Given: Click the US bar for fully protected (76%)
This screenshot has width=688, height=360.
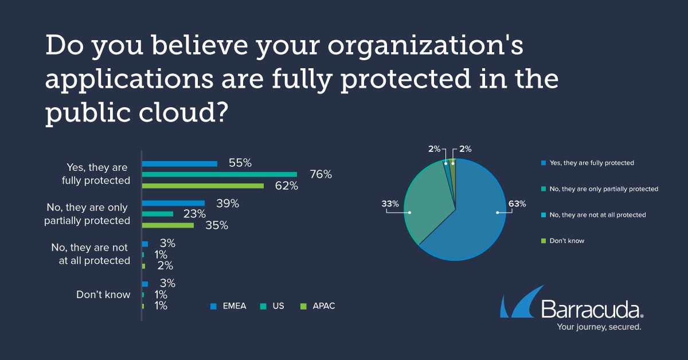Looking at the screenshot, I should pyautogui.click(x=219, y=174).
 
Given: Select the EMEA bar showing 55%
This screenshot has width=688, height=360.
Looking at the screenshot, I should pyautogui.click(x=179, y=163).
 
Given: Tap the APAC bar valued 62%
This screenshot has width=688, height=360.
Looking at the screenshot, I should pyautogui.click(x=202, y=186).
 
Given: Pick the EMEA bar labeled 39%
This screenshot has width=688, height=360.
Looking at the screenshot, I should pyautogui.click(x=173, y=203).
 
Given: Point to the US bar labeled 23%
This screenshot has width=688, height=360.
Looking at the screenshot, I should pyautogui.click(x=157, y=214).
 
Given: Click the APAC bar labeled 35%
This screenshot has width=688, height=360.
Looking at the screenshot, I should pyautogui.click(x=167, y=225).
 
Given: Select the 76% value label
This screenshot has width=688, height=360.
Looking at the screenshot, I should pyautogui.click(x=320, y=174).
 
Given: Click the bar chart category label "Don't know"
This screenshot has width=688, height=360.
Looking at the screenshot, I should pyautogui.click(x=103, y=295).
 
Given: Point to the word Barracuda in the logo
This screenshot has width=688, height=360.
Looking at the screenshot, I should pyautogui.click(x=591, y=310).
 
